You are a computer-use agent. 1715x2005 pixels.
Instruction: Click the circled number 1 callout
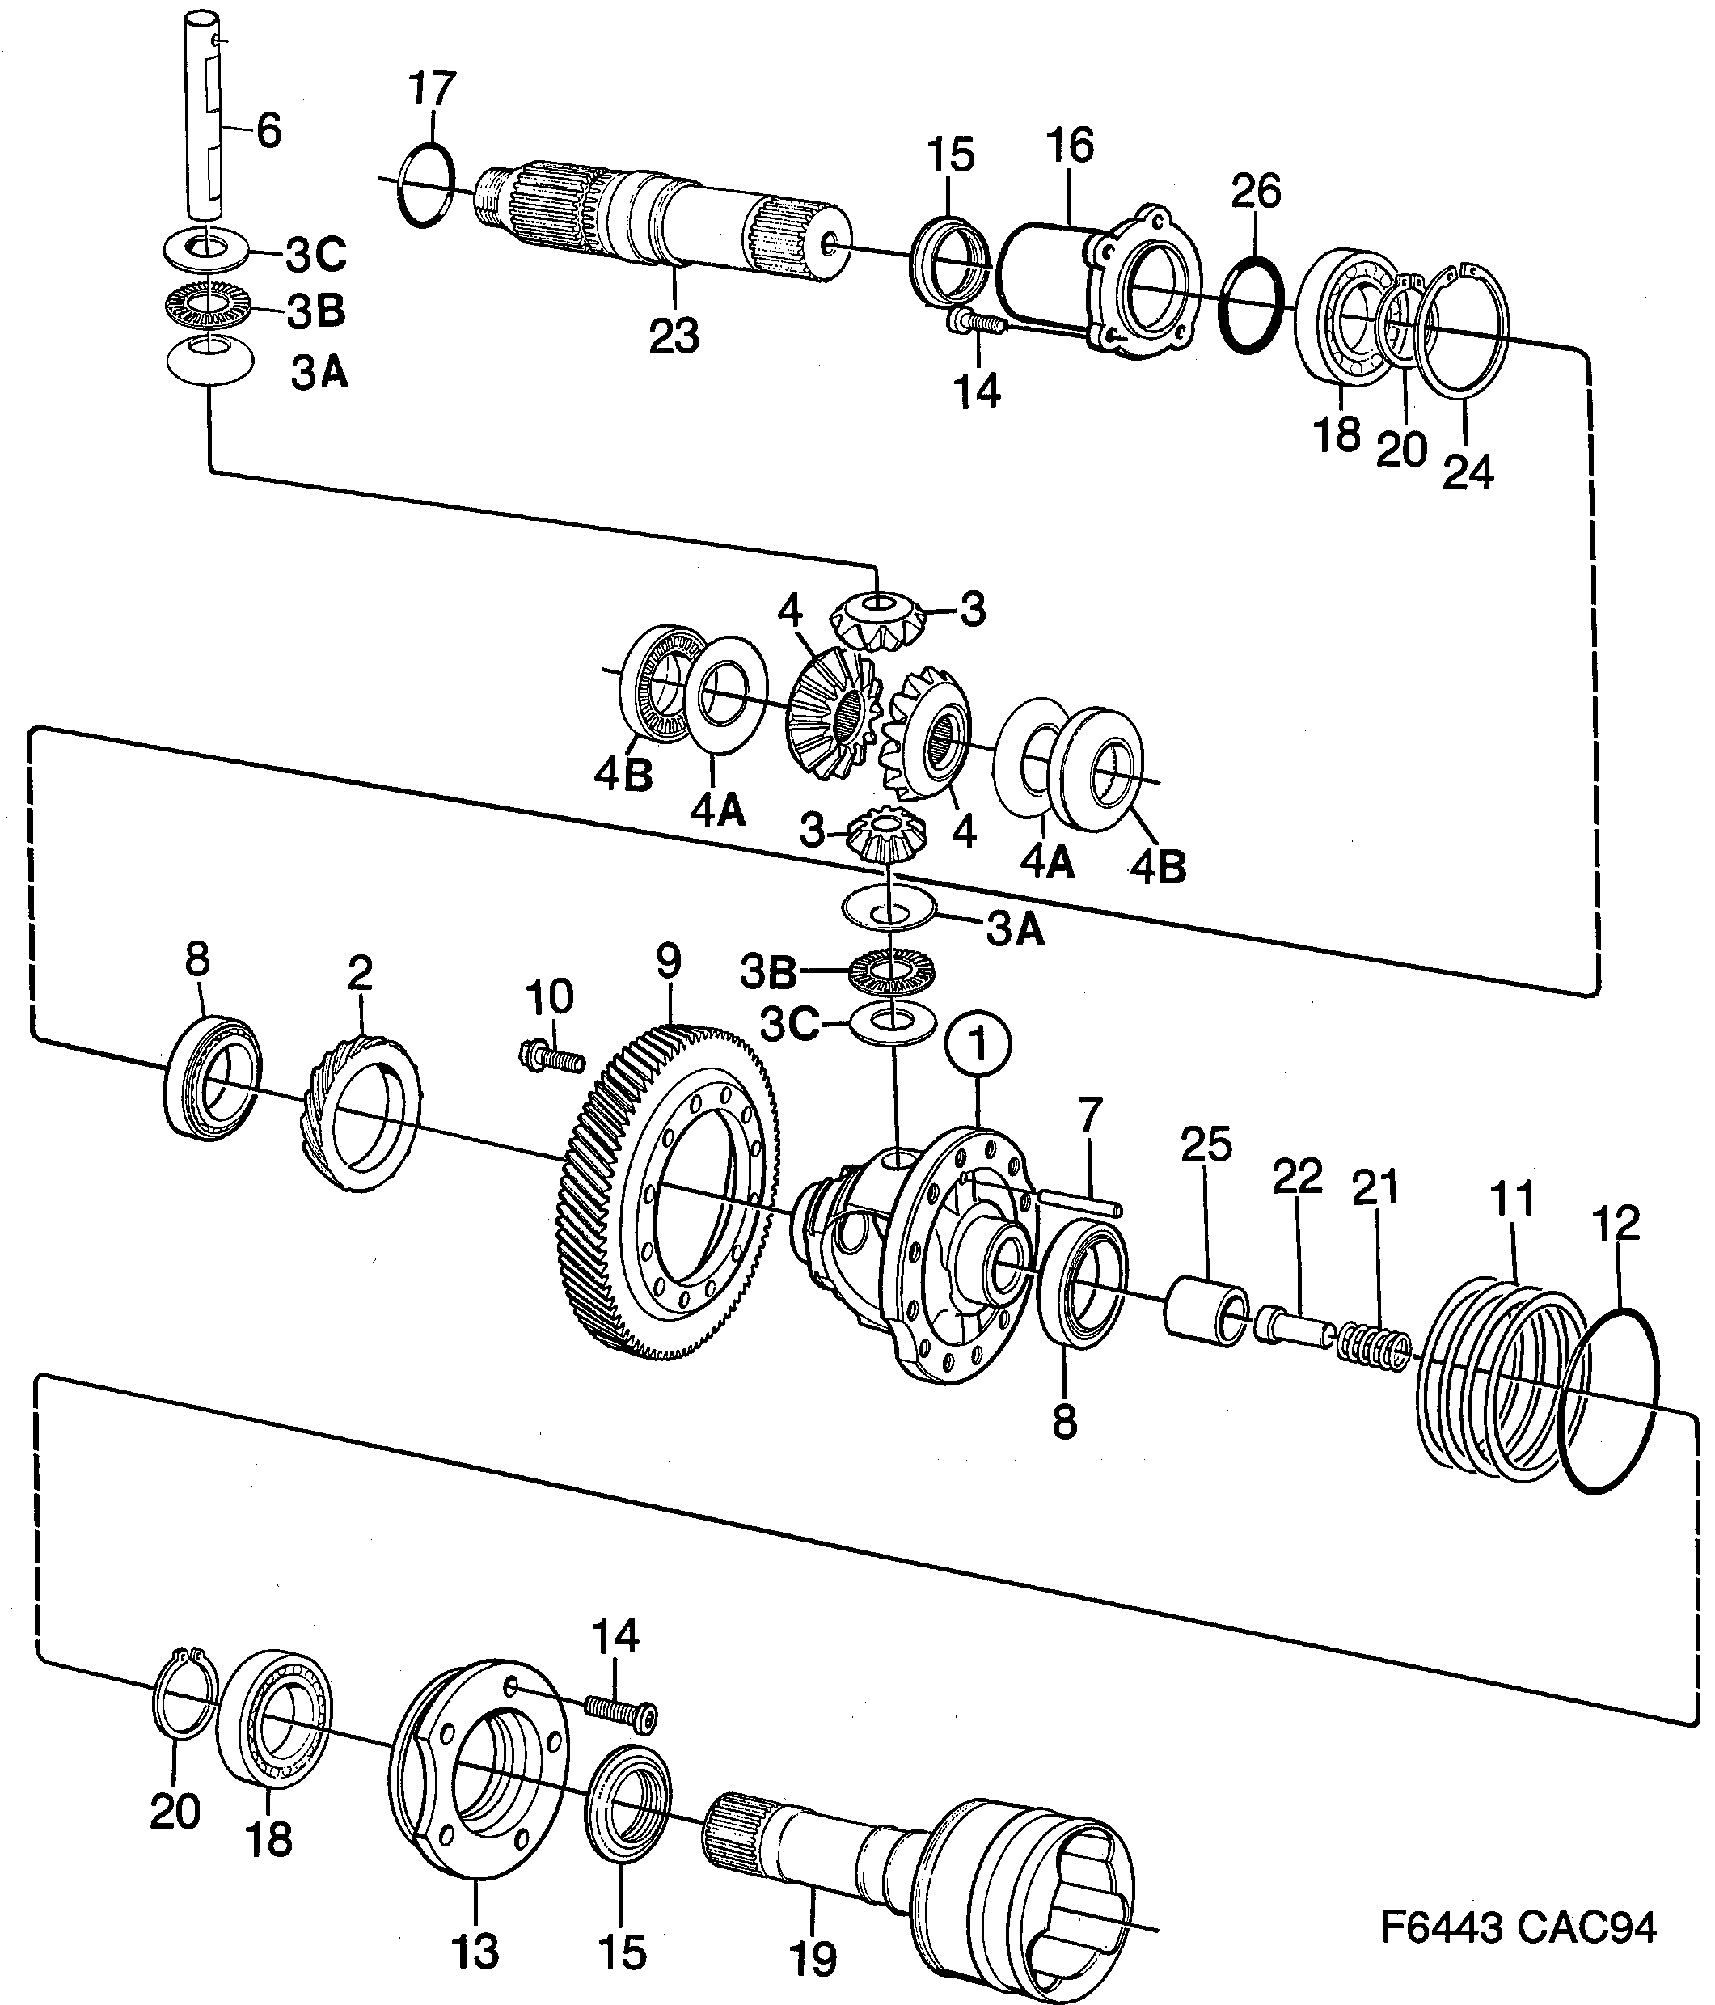(979, 1046)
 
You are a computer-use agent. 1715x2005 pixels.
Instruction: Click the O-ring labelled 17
(425, 185)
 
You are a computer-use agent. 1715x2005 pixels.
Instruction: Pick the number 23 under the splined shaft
(674, 336)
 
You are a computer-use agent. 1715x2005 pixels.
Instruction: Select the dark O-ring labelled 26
(1253, 304)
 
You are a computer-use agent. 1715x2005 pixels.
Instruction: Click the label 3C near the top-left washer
(315, 256)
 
